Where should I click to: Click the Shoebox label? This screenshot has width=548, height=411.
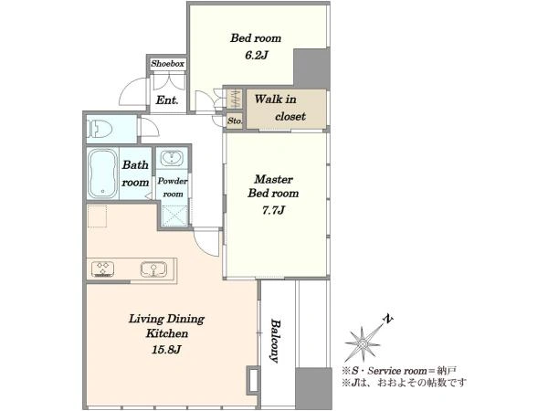168,64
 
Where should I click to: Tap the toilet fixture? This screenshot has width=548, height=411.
100,129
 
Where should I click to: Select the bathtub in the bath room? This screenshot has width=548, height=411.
102,174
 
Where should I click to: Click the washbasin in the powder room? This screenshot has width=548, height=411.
172,158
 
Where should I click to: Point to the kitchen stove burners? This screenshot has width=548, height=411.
102,269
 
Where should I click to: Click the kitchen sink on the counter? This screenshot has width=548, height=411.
153,269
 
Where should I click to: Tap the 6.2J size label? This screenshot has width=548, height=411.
256,55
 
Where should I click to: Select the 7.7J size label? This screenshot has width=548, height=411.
273,210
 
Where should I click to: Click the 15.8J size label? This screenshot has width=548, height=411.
166,349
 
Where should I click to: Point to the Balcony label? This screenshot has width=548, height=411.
276,341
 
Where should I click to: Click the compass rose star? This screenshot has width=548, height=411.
363,344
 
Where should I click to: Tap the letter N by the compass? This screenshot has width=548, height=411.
388,319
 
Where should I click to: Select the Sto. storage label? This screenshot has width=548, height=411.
235,121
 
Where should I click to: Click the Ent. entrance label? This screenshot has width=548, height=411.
167,100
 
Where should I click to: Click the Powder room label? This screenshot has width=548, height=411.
173,187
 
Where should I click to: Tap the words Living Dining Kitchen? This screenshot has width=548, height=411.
167,326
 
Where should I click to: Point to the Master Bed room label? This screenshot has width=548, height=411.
273,186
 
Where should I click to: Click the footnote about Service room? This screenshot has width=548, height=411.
399,371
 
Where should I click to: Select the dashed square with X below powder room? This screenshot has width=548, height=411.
174,216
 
